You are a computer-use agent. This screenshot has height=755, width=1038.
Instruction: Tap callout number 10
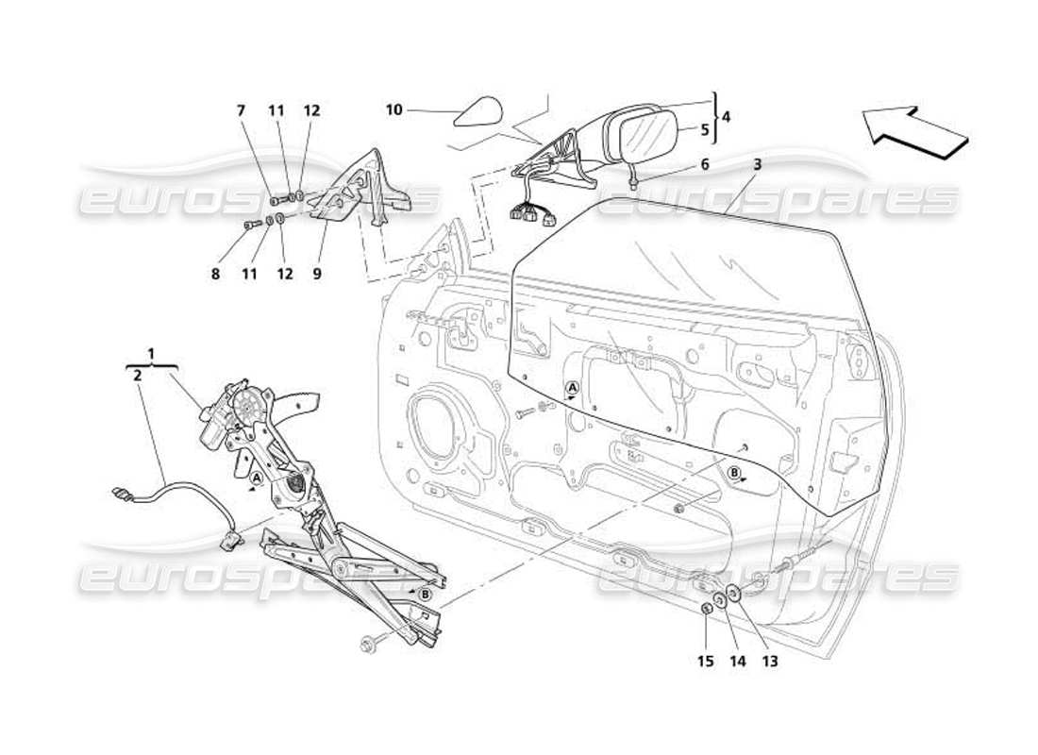pos(393,110)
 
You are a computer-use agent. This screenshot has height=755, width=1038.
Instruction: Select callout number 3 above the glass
pos(757,163)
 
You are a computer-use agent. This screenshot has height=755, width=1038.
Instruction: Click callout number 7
pos(241,110)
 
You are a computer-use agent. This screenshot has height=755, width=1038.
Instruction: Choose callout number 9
pos(317,274)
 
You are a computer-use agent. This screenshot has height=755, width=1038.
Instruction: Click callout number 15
pos(705,662)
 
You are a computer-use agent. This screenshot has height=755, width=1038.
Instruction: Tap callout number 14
pos(737,662)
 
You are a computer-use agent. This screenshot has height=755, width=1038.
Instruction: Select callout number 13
pos(770,662)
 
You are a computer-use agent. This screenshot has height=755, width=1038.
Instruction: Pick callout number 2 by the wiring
pos(138,375)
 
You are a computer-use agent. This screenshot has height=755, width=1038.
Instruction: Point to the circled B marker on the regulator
pos(425,594)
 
